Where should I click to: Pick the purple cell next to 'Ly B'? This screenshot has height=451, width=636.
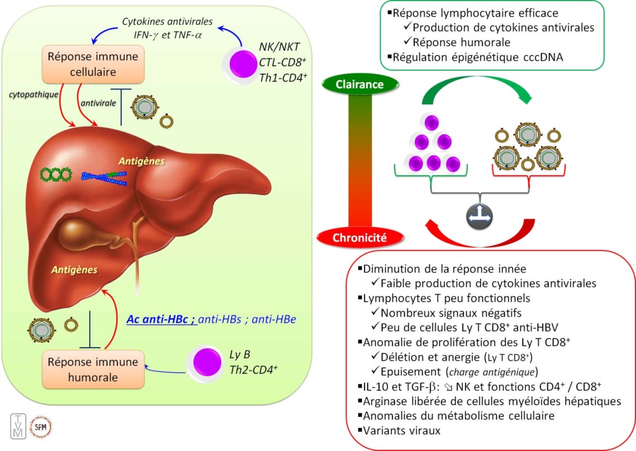click(206, 362)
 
